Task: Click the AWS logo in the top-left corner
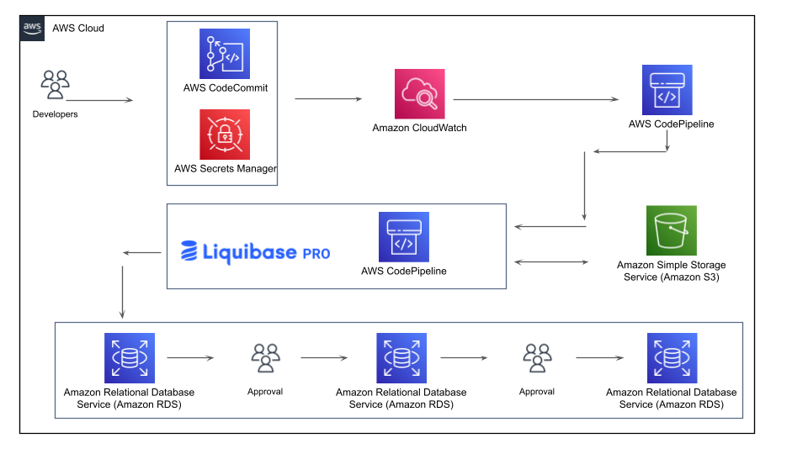(32, 28)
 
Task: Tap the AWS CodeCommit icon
(225, 54)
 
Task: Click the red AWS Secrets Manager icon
(225, 135)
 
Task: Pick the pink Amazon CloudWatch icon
(419, 94)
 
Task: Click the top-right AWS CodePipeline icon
(667, 90)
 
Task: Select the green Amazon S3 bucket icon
(671, 230)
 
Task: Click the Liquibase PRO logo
(255, 252)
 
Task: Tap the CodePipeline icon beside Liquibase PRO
(403, 236)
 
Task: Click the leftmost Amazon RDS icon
(129, 358)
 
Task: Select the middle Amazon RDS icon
(401, 358)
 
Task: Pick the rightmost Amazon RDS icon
(672, 358)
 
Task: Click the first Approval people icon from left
(265, 358)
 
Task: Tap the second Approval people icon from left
(537, 358)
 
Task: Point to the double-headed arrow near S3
(552, 262)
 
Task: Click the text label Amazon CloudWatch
(419, 128)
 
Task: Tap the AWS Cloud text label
(78, 28)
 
